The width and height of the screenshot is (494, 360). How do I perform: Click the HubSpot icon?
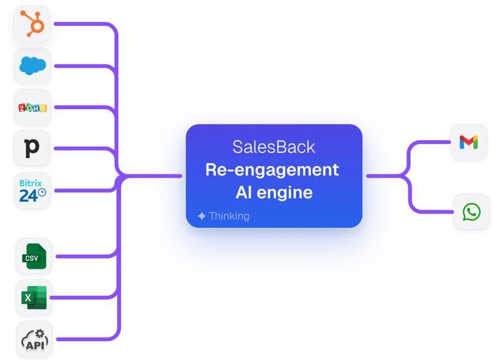click(33, 25)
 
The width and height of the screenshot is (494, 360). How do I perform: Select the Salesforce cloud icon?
click(33, 66)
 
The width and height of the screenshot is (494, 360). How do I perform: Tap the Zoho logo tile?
click(33, 108)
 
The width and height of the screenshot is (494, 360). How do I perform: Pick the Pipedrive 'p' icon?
click(33, 149)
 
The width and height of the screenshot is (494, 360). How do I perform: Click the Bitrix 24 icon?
click(33, 191)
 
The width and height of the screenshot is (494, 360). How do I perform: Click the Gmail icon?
click(468, 143)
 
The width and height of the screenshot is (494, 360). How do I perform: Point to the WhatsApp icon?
click(468, 212)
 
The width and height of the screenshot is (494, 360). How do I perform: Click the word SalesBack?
click(274, 147)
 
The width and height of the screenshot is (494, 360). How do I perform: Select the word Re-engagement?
click(271, 170)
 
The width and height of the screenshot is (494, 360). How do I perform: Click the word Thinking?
click(229, 217)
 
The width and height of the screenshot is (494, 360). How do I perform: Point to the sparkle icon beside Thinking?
click(202, 217)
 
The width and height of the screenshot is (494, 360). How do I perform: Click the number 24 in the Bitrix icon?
click(29, 196)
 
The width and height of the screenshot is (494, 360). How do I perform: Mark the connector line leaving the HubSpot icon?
click(84, 24)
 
